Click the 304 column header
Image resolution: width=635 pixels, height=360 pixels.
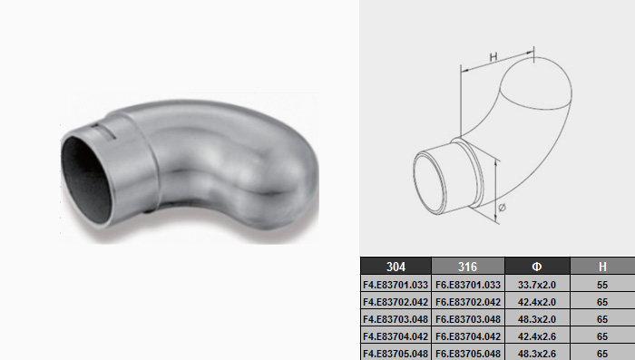tap(396, 266)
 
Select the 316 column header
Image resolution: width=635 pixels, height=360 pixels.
tap(468, 266)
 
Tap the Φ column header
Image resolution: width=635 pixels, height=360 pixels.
tap(537, 266)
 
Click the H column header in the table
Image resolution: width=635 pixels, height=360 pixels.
tap(602, 266)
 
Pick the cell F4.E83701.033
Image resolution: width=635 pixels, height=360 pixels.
tap(396, 284)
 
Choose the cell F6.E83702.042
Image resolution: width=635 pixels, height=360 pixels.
tap(468, 302)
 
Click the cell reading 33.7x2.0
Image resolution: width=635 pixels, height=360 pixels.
tap(537, 284)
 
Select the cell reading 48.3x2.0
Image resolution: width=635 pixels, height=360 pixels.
tap(537, 318)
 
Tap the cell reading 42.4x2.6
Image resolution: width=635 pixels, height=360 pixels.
tap(537, 336)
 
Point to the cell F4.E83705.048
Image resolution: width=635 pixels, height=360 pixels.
tap(396, 353)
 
